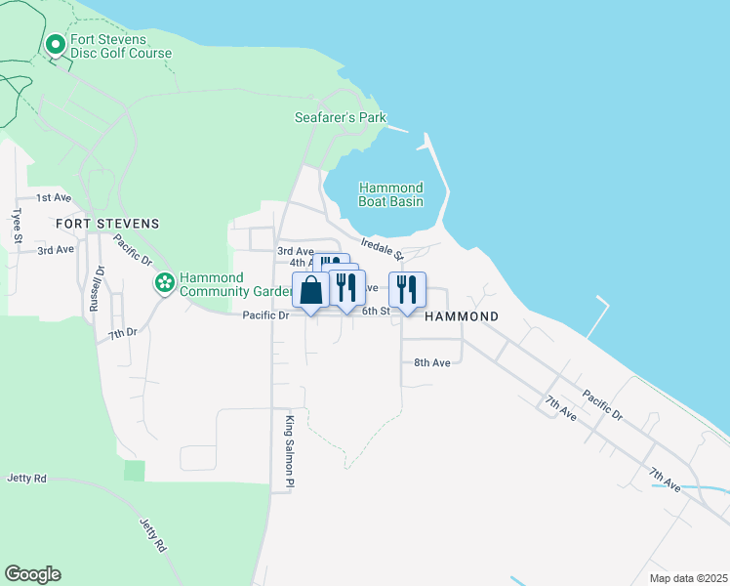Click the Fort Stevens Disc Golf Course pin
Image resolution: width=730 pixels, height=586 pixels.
(56, 45)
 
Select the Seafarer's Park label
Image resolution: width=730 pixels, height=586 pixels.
(341, 118)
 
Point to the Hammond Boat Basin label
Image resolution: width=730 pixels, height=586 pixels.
(390, 194)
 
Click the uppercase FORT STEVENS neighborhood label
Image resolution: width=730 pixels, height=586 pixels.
(107, 224)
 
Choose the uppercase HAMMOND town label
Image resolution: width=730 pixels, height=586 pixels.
(462, 316)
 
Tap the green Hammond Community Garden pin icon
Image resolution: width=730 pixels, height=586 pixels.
(164, 282)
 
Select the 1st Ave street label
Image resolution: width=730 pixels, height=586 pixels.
(55, 197)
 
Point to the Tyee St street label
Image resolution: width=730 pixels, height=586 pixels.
(17, 224)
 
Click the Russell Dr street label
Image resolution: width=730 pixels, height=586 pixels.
(96, 289)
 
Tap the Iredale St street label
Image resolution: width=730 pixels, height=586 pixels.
(382, 249)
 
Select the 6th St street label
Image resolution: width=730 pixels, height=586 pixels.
(376, 312)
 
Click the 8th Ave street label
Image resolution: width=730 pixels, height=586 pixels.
(431, 362)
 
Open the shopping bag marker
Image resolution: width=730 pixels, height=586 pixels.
(310, 290)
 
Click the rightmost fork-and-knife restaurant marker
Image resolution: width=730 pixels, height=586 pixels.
(408, 289)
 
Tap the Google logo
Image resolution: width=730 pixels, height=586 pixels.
(32, 574)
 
